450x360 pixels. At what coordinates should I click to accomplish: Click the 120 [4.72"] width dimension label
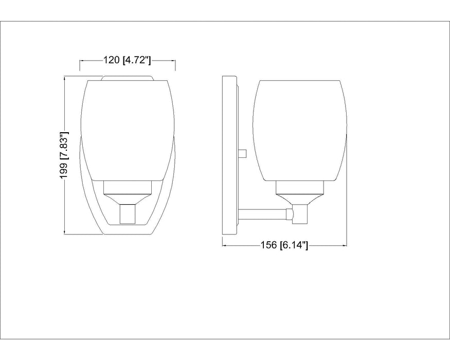point(127,61)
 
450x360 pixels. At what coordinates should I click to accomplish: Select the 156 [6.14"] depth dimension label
point(284,245)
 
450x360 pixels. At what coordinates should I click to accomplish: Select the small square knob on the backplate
point(244,153)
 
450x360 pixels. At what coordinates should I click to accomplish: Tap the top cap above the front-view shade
point(128,78)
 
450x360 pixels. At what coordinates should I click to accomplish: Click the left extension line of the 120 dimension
point(80,65)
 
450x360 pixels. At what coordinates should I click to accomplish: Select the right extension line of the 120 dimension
point(176,65)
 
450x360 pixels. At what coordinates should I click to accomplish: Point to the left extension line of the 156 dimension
point(222,242)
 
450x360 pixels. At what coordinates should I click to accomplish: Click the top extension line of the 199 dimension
point(77,76)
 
